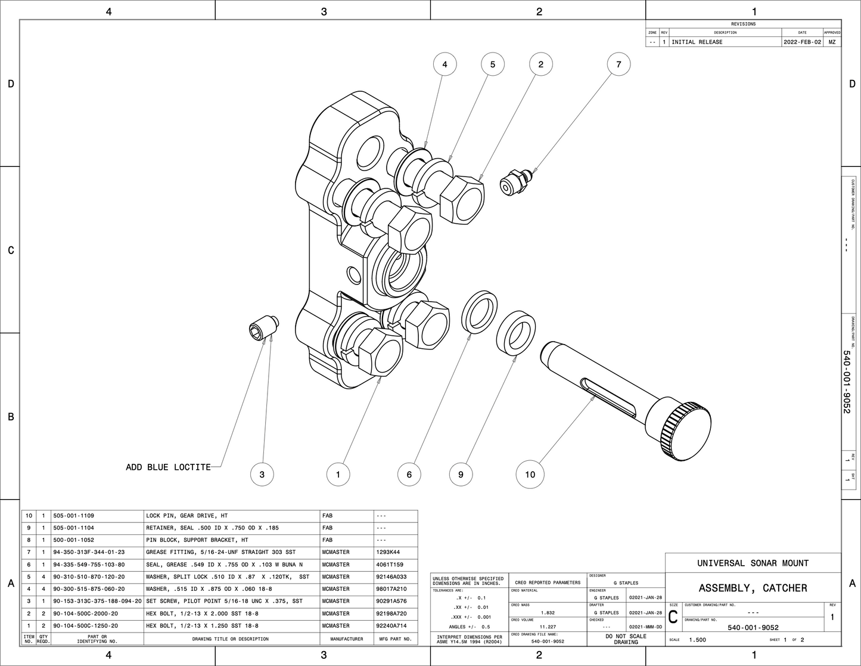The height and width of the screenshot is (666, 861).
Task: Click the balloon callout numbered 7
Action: tap(618, 64)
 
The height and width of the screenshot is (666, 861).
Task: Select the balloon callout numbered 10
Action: tap(530, 475)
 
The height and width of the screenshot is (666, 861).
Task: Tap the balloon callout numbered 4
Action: tap(445, 64)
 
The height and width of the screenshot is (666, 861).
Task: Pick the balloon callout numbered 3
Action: tap(262, 475)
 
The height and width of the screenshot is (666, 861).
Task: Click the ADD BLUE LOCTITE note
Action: tap(168, 467)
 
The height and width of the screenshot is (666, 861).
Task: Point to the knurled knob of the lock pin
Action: tap(685, 430)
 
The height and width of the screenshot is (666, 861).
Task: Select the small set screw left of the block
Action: tap(262, 329)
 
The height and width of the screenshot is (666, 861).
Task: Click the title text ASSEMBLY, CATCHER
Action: tap(753, 588)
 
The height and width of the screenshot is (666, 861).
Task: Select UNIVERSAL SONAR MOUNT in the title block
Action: tap(753, 563)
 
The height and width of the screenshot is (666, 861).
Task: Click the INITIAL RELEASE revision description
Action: tap(697, 42)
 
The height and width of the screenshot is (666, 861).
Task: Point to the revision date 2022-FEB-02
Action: tap(802, 42)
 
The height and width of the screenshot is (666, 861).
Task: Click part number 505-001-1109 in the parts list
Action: tap(73, 516)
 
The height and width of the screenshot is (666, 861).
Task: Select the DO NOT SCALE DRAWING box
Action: tap(626, 639)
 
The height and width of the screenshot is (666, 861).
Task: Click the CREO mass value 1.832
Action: tap(548, 612)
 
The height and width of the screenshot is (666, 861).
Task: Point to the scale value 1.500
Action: tap(697, 640)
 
